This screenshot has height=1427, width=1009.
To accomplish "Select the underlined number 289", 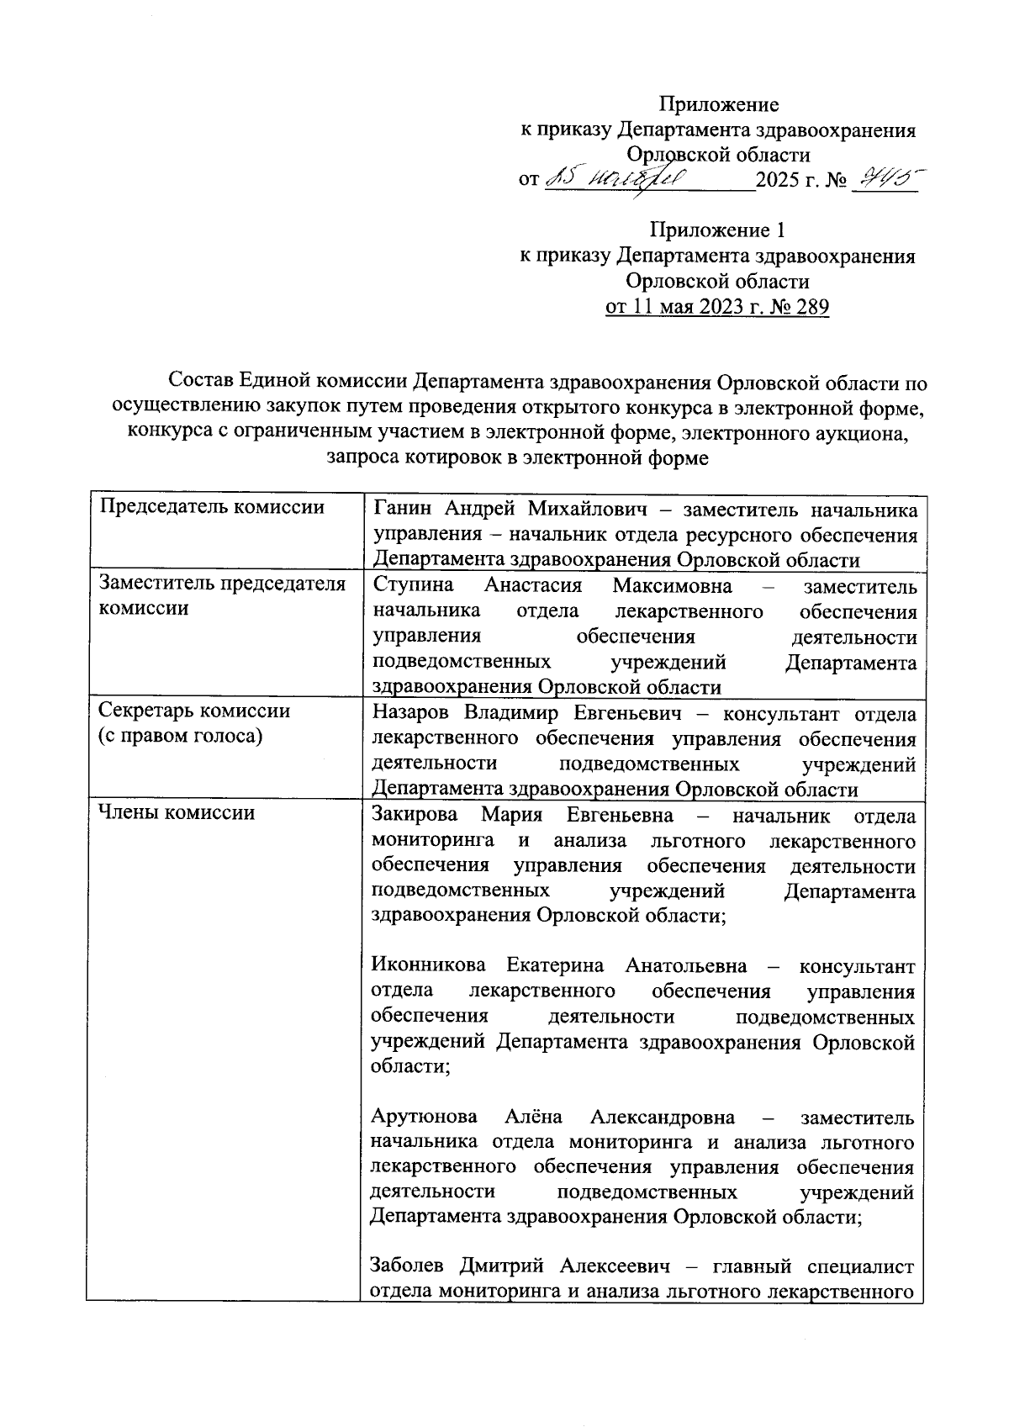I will [811, 307].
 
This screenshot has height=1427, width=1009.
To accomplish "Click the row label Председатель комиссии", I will [211, 507].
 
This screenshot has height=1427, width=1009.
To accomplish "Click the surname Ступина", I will [413, 586].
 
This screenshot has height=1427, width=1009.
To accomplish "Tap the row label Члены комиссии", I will [177, 812].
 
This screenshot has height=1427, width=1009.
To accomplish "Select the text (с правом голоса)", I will [180, 736].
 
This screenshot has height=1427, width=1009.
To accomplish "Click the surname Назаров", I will [411, 714].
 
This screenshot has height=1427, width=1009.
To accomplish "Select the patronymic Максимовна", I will [672, 586].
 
